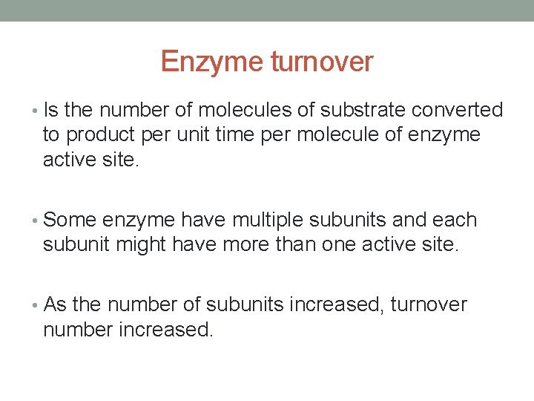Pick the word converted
(457, 111)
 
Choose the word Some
(70, 221)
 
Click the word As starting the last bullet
(56, 305)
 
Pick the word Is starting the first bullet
(51, 111)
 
